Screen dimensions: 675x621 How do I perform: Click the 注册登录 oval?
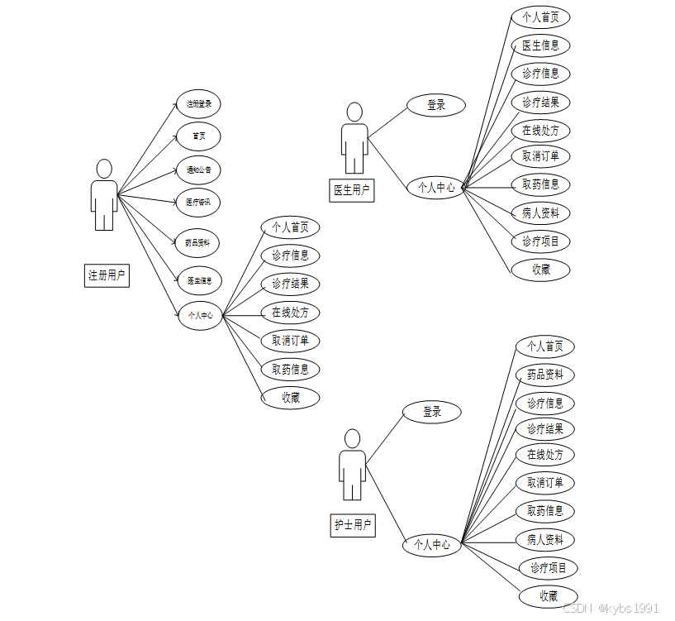pyautogui.click(x=199, y=104)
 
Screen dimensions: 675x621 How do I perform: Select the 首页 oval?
pyautogui.click(x=199, y=136)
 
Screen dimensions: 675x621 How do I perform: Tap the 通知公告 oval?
pyautogui.click(x=199, y=170)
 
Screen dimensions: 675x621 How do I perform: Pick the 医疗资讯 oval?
pyautogui.click(x=199, y=202)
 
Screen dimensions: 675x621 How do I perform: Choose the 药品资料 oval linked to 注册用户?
pyautogui.click(x=199, y=243)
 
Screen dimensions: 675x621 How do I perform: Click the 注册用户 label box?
pyautogui.click(x=108, y=275)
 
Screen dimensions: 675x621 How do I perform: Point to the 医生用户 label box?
pyautogui.click(x=352, y=190)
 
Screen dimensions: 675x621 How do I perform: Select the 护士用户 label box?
pyautogui.click(x=353, y=525)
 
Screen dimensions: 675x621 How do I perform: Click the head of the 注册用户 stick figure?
pyautogui.click(x=104, y=169)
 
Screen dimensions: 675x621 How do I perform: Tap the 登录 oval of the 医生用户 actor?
pyautogui.click(x=436, y=105)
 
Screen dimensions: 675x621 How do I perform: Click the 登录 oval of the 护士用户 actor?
pyautogui.click(x=432, y=412)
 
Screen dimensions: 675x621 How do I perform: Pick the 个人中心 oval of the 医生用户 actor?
pyautogui.click(x=436, y=188)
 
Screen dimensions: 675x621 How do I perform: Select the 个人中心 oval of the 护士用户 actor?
pyautogui.click(x=432, y=545)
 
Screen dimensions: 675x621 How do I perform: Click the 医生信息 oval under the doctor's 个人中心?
pyautogui.click(x=540, y=45)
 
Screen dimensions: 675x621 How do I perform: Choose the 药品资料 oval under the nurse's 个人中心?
pyautogui.click(x=545, y=375)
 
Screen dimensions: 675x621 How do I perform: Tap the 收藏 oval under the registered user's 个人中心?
pyautogui.click(x=290, y=397)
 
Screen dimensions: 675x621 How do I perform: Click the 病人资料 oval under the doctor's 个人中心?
pyautogui.click(x=540, y=213)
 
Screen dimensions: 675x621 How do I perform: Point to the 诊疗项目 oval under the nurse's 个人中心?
pyautogui.click(x=549, y=568)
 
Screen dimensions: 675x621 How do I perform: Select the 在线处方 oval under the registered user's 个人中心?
pyautogui.click(x=290, y=313)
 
